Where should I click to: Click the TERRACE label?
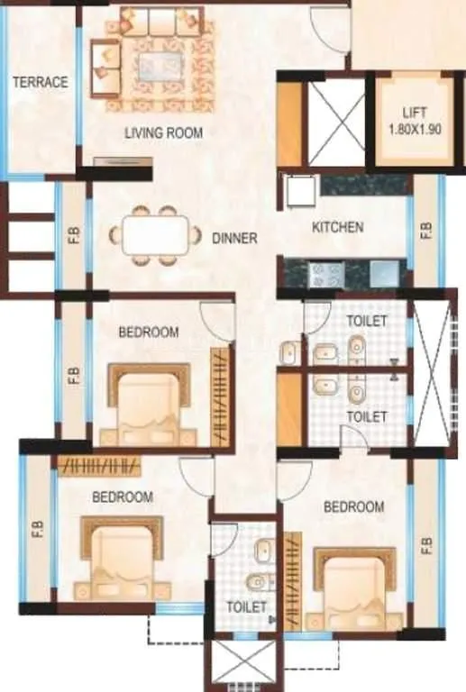[40, 82]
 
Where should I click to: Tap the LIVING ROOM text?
[163, 133]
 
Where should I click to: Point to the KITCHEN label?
[337, 227]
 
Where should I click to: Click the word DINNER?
[234, 239]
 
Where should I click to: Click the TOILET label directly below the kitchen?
[367, 321]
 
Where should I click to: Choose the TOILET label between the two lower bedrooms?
[246, 607]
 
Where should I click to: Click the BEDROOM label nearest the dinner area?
[149, 332]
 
